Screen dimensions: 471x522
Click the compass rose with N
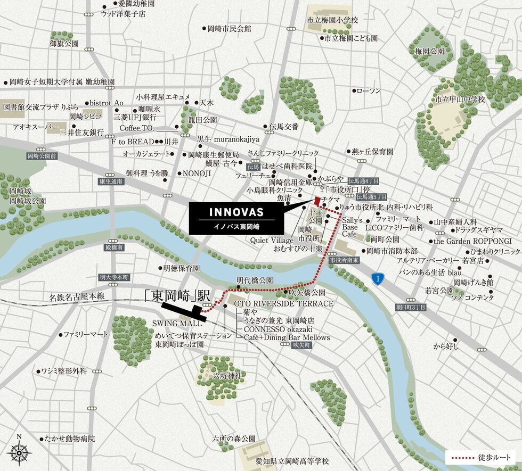pos(19,452)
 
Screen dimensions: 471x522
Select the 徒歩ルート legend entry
pos(481,457)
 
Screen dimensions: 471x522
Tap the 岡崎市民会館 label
pos(230,28)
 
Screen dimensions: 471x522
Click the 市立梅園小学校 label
pos(333,20)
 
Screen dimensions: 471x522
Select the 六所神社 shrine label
pos(227,376)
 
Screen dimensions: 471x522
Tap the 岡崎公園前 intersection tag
pos(41,156)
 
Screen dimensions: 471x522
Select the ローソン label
pos(369,91)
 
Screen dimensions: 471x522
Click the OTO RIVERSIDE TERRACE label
pos(284,303)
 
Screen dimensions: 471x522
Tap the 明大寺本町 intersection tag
pos(115,277)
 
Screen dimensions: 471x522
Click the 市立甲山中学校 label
pos(460,100)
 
